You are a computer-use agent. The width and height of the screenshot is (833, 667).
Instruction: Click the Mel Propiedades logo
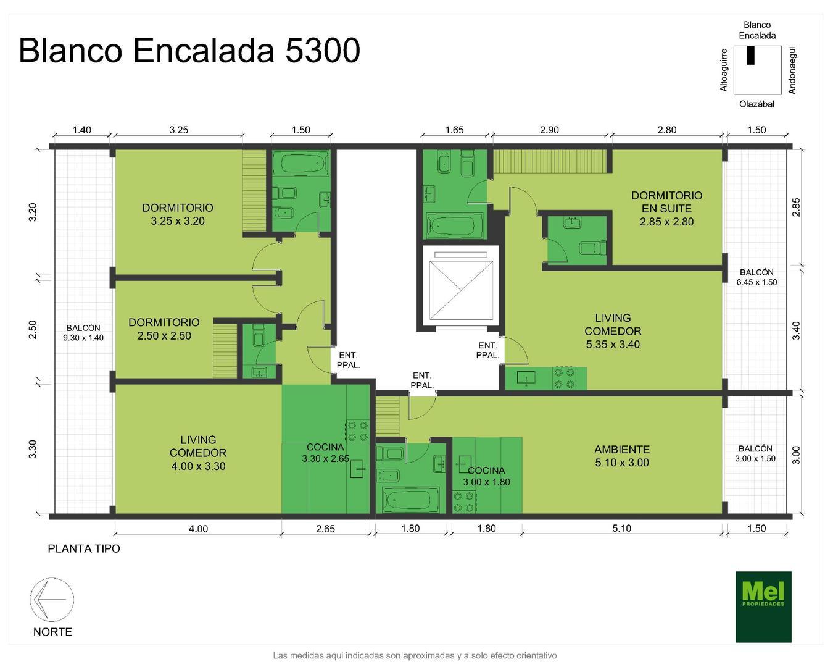point(763,606)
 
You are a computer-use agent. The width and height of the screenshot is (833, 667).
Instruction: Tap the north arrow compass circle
point(52,600)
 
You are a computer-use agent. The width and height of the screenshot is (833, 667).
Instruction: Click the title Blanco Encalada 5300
point(189,51)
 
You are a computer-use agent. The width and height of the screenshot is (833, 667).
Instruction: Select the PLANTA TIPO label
point(84,548)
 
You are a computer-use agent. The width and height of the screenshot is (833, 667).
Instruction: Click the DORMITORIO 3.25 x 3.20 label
point(178,214)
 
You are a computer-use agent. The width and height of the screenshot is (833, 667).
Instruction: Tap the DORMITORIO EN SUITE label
point(666,208)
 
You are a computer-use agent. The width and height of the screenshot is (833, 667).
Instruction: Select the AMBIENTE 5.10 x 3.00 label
point(622,456)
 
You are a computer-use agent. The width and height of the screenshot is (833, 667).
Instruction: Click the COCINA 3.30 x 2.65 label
point(325,453)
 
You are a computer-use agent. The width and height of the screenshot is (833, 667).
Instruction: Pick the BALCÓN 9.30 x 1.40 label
point(83,333)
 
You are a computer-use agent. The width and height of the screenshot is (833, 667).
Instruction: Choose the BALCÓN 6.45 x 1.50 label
point(756,277)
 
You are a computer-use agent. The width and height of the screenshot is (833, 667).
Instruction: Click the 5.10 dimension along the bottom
point(622,528)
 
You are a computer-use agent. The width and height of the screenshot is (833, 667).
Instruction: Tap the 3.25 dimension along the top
point(178,130)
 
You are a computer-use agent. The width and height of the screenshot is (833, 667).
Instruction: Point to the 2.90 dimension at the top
point(549,130)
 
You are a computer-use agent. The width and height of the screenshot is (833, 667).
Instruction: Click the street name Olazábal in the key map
point(756,104)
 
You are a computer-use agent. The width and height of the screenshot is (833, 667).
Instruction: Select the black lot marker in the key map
point(751,56)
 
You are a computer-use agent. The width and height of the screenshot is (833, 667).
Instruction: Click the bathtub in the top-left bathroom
point(301,164)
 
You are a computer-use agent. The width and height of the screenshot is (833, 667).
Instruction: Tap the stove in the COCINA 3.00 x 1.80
point(464,502)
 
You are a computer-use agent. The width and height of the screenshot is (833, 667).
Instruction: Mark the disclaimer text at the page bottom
point(415,655)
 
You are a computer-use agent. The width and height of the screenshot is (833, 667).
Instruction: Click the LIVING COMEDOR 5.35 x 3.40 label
point(613,331)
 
